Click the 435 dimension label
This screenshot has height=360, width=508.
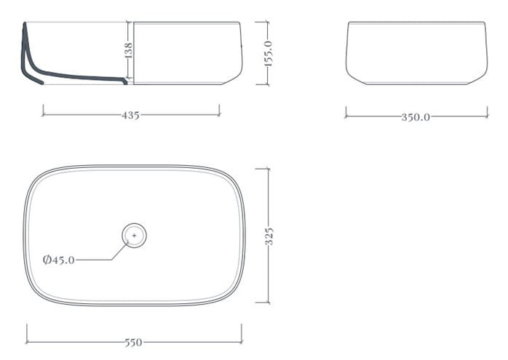pyautogui.click(x=130, y=115)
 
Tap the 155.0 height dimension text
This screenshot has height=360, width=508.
pyautogui.click(x=269, y=54)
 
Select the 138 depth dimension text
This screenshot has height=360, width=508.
pyautogui.click(x=128, y=50)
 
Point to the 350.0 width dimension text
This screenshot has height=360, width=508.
pyautogui.click(x=416, y=117)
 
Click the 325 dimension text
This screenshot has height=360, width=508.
pyautogui.click(x=269, y=236)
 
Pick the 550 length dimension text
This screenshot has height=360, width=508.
pyautogui.click(x=133, y=343)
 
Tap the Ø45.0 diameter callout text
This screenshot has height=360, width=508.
pyautogui.click(x=59, y=260)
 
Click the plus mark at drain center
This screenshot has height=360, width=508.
pyautogui.click(x=134, y=236)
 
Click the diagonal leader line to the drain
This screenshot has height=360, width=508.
pyautogui.click(x=120, y=251)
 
